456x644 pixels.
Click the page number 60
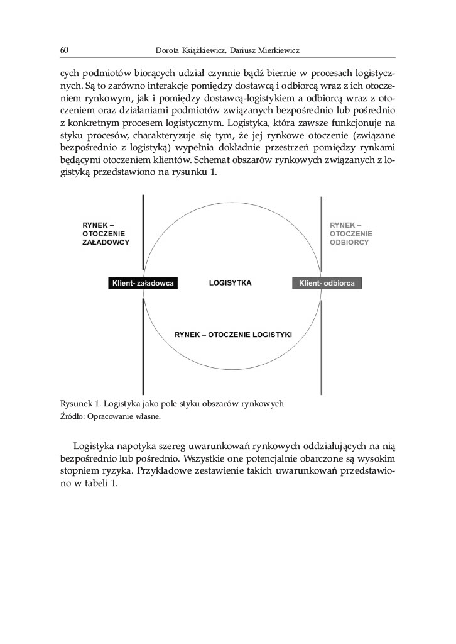64,50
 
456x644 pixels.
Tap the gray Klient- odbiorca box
327,284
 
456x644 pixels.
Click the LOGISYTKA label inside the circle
230,283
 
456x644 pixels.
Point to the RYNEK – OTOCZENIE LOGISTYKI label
232,335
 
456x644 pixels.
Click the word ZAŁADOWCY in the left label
106,242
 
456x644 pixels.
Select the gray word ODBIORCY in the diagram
349,242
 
